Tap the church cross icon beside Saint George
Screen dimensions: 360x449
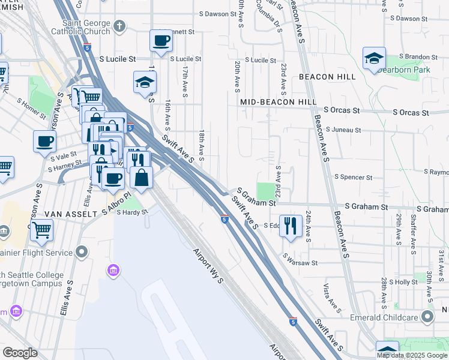coord(119,26)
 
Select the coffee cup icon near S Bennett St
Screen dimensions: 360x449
coord(161,41)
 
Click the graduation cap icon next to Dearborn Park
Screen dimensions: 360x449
coord(374,58)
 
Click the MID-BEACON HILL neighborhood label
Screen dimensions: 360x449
coord(279,103)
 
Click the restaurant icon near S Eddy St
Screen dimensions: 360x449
coord(291,226)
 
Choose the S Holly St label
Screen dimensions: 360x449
coord(403,281)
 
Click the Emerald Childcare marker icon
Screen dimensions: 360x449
coord(427,316)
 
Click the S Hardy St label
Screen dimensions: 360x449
coord(132,212)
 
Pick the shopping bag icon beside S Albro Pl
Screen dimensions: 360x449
coord(141,178)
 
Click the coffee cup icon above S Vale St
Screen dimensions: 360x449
coord(44,142)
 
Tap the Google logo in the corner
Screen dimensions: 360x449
coord(20,353)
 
